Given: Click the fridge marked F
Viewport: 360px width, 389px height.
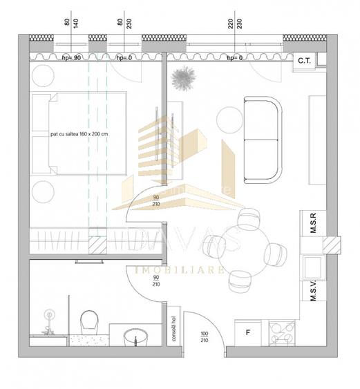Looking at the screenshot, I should [x=248, y=332].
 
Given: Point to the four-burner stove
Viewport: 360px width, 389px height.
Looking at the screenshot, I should [x=282, y=332].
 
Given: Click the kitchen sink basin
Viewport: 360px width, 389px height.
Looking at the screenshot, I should [x=311, y=267].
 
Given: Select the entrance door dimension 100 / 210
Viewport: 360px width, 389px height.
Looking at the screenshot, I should [x=205, y=336].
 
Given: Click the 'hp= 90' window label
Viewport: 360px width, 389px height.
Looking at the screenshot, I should [x=72, y=58].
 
